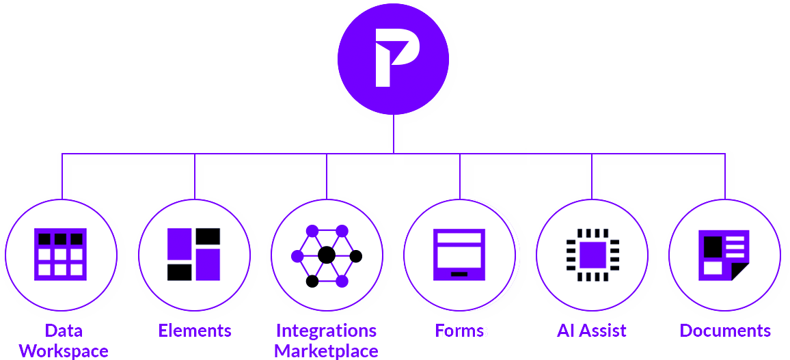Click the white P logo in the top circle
pos(392,59)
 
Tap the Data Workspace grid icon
pos(60,254)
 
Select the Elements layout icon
pos(193,254)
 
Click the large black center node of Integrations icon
pos(327,255)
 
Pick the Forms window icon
pos(459,254)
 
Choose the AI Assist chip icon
pos(592,255)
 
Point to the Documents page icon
pos(724,255)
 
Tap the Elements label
pos(195,331)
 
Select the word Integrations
pos(326,331)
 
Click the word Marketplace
pos(326,351)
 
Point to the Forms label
pos(459,331)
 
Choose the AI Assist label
pos(592,331)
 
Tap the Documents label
pos(725,331)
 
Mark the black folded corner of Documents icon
pos(740,271)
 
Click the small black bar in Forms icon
pos(459,273)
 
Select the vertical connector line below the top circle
pos(394,134)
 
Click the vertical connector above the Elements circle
pos(195,176)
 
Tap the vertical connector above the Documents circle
pos(724,176)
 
